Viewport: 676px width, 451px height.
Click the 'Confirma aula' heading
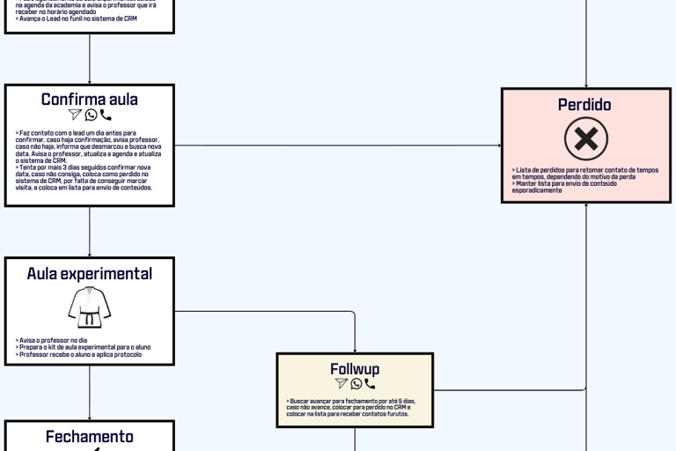coord(89,100)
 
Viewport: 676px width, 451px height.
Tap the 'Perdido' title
coord(584,105)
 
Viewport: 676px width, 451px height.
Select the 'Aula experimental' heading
coord(89,274)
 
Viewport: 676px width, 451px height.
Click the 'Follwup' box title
coord(355,369)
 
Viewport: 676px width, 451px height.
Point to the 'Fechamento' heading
coord(89,437)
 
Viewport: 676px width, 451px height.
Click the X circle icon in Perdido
coord(586,139)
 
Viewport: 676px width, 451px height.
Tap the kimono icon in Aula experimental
coord(89,307)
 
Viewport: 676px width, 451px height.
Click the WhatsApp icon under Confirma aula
coord(91,115)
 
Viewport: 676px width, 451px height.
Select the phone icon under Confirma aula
coord(106,115)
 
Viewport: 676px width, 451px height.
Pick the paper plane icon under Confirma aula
coord(75,115)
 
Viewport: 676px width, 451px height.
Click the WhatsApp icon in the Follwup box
coord(356,384)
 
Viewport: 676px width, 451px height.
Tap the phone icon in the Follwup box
coord(370,384)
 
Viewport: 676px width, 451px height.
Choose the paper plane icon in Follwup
coord(342,384)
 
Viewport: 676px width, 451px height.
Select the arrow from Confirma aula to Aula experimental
coord(89,232)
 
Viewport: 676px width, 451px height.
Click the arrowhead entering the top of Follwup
coord(355,350)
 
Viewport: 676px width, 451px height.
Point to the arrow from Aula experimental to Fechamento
coord(89,392)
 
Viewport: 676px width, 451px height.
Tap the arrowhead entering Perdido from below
coord(586,206)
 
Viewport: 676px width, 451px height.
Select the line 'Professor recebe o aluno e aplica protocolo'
coord(80,354)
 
